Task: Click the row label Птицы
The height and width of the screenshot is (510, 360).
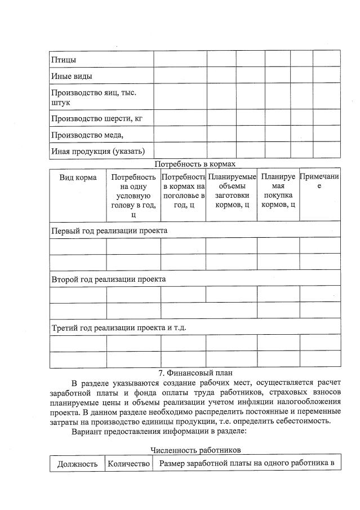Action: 64,59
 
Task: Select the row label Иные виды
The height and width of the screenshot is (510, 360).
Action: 71,76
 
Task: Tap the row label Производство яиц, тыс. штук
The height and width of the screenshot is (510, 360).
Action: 93,97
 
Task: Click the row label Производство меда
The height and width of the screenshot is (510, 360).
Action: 87,135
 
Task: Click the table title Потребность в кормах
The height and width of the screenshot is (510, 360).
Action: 194,164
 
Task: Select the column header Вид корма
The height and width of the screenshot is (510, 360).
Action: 78,178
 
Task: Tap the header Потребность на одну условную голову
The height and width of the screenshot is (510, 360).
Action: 134,196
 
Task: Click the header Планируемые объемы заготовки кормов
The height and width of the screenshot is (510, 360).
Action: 232,191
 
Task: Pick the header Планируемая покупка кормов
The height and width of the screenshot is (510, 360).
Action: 278,191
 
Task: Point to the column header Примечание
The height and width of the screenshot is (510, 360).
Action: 319,181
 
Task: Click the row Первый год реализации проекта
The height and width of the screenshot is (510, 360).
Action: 109,230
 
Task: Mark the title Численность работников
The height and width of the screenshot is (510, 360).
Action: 195,450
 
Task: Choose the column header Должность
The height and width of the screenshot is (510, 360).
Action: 78,464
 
